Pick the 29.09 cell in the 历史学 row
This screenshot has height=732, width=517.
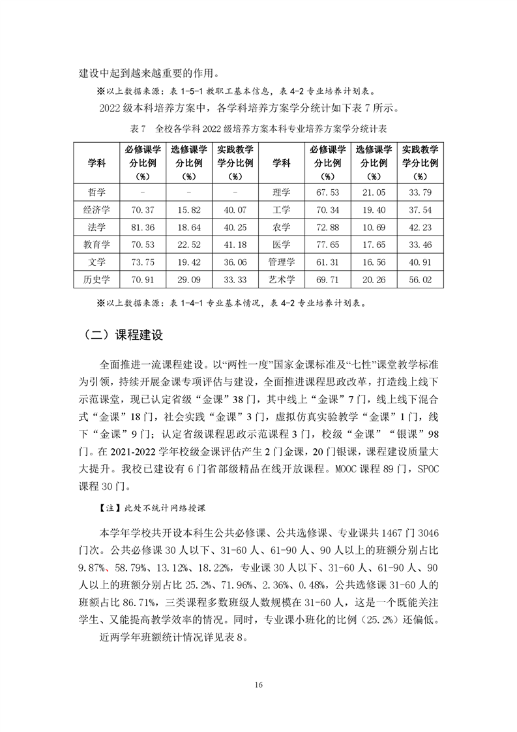188,280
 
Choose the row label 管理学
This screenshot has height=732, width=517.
282,262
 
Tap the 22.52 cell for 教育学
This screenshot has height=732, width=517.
188,245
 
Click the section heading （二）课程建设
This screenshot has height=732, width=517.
123,335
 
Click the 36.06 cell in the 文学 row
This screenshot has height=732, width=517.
234,262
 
